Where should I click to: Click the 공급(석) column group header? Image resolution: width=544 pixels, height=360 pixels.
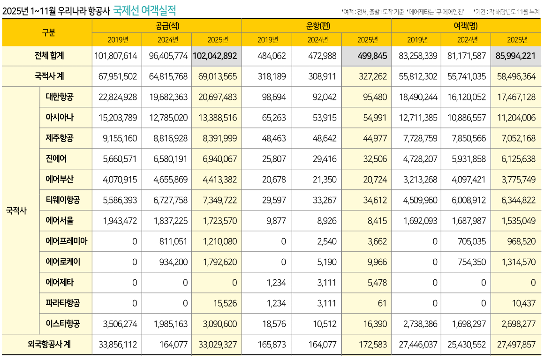167,26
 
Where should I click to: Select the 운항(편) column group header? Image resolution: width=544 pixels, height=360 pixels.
317,26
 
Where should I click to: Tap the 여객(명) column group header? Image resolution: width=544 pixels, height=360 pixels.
466,26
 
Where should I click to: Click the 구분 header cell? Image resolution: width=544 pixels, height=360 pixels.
47,33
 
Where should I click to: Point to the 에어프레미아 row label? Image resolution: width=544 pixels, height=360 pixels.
66,241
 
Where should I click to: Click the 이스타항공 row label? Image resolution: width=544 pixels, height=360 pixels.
63,323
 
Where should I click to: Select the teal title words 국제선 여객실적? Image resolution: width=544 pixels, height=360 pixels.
145,10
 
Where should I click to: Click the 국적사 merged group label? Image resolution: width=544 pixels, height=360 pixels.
16,210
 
